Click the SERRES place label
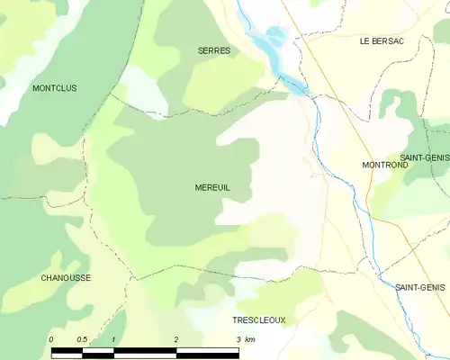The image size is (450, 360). (214, 51)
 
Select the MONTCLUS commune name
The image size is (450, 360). (55, 88)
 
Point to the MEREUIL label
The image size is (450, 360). (212, 187)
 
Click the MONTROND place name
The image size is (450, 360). (385, 166)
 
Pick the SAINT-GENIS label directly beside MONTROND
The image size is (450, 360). (425, 157)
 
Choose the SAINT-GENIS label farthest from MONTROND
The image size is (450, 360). (419, 287)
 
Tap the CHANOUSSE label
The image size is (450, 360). (66, 278)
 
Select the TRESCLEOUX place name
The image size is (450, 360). (258, 320)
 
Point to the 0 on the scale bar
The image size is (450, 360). (51, 338)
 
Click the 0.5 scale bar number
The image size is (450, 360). (81, 338)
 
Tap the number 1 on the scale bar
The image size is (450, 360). (113, 338)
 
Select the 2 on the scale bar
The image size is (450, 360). (176, 338)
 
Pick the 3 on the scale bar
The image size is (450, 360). (238, 338)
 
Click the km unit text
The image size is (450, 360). (250, 338)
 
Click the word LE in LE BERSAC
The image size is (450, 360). (364, 40)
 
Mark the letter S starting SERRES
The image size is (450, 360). (201, 51)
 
